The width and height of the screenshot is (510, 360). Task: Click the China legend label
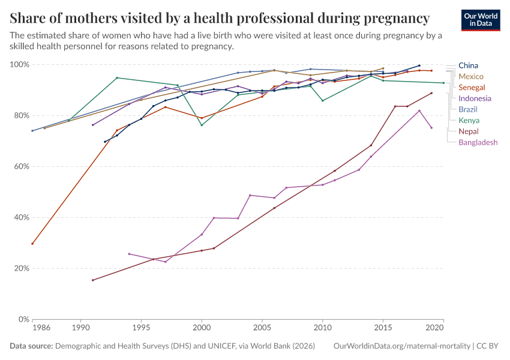pos(468,65)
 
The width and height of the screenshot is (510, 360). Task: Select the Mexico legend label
pos(471,76)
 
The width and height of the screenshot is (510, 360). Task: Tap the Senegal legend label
pos(472,88)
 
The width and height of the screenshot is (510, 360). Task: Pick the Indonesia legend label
pos(475,98)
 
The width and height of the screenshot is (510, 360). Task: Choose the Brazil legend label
pos(469,109)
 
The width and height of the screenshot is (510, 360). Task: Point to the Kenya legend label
pos(469,120)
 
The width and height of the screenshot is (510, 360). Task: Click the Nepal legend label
pos(469,131)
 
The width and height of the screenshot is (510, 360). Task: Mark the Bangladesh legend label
pos(478,142)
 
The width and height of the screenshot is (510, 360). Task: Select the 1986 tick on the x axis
pos(41,328)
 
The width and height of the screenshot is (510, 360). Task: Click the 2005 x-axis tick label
pos(262,328)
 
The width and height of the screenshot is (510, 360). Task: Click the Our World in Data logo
pos(480,20)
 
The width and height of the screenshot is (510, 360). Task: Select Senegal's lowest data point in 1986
pos(32,244)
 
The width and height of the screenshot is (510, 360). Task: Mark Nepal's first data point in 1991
pos(93,280)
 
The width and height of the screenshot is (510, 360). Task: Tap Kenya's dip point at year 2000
pos(202,125)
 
